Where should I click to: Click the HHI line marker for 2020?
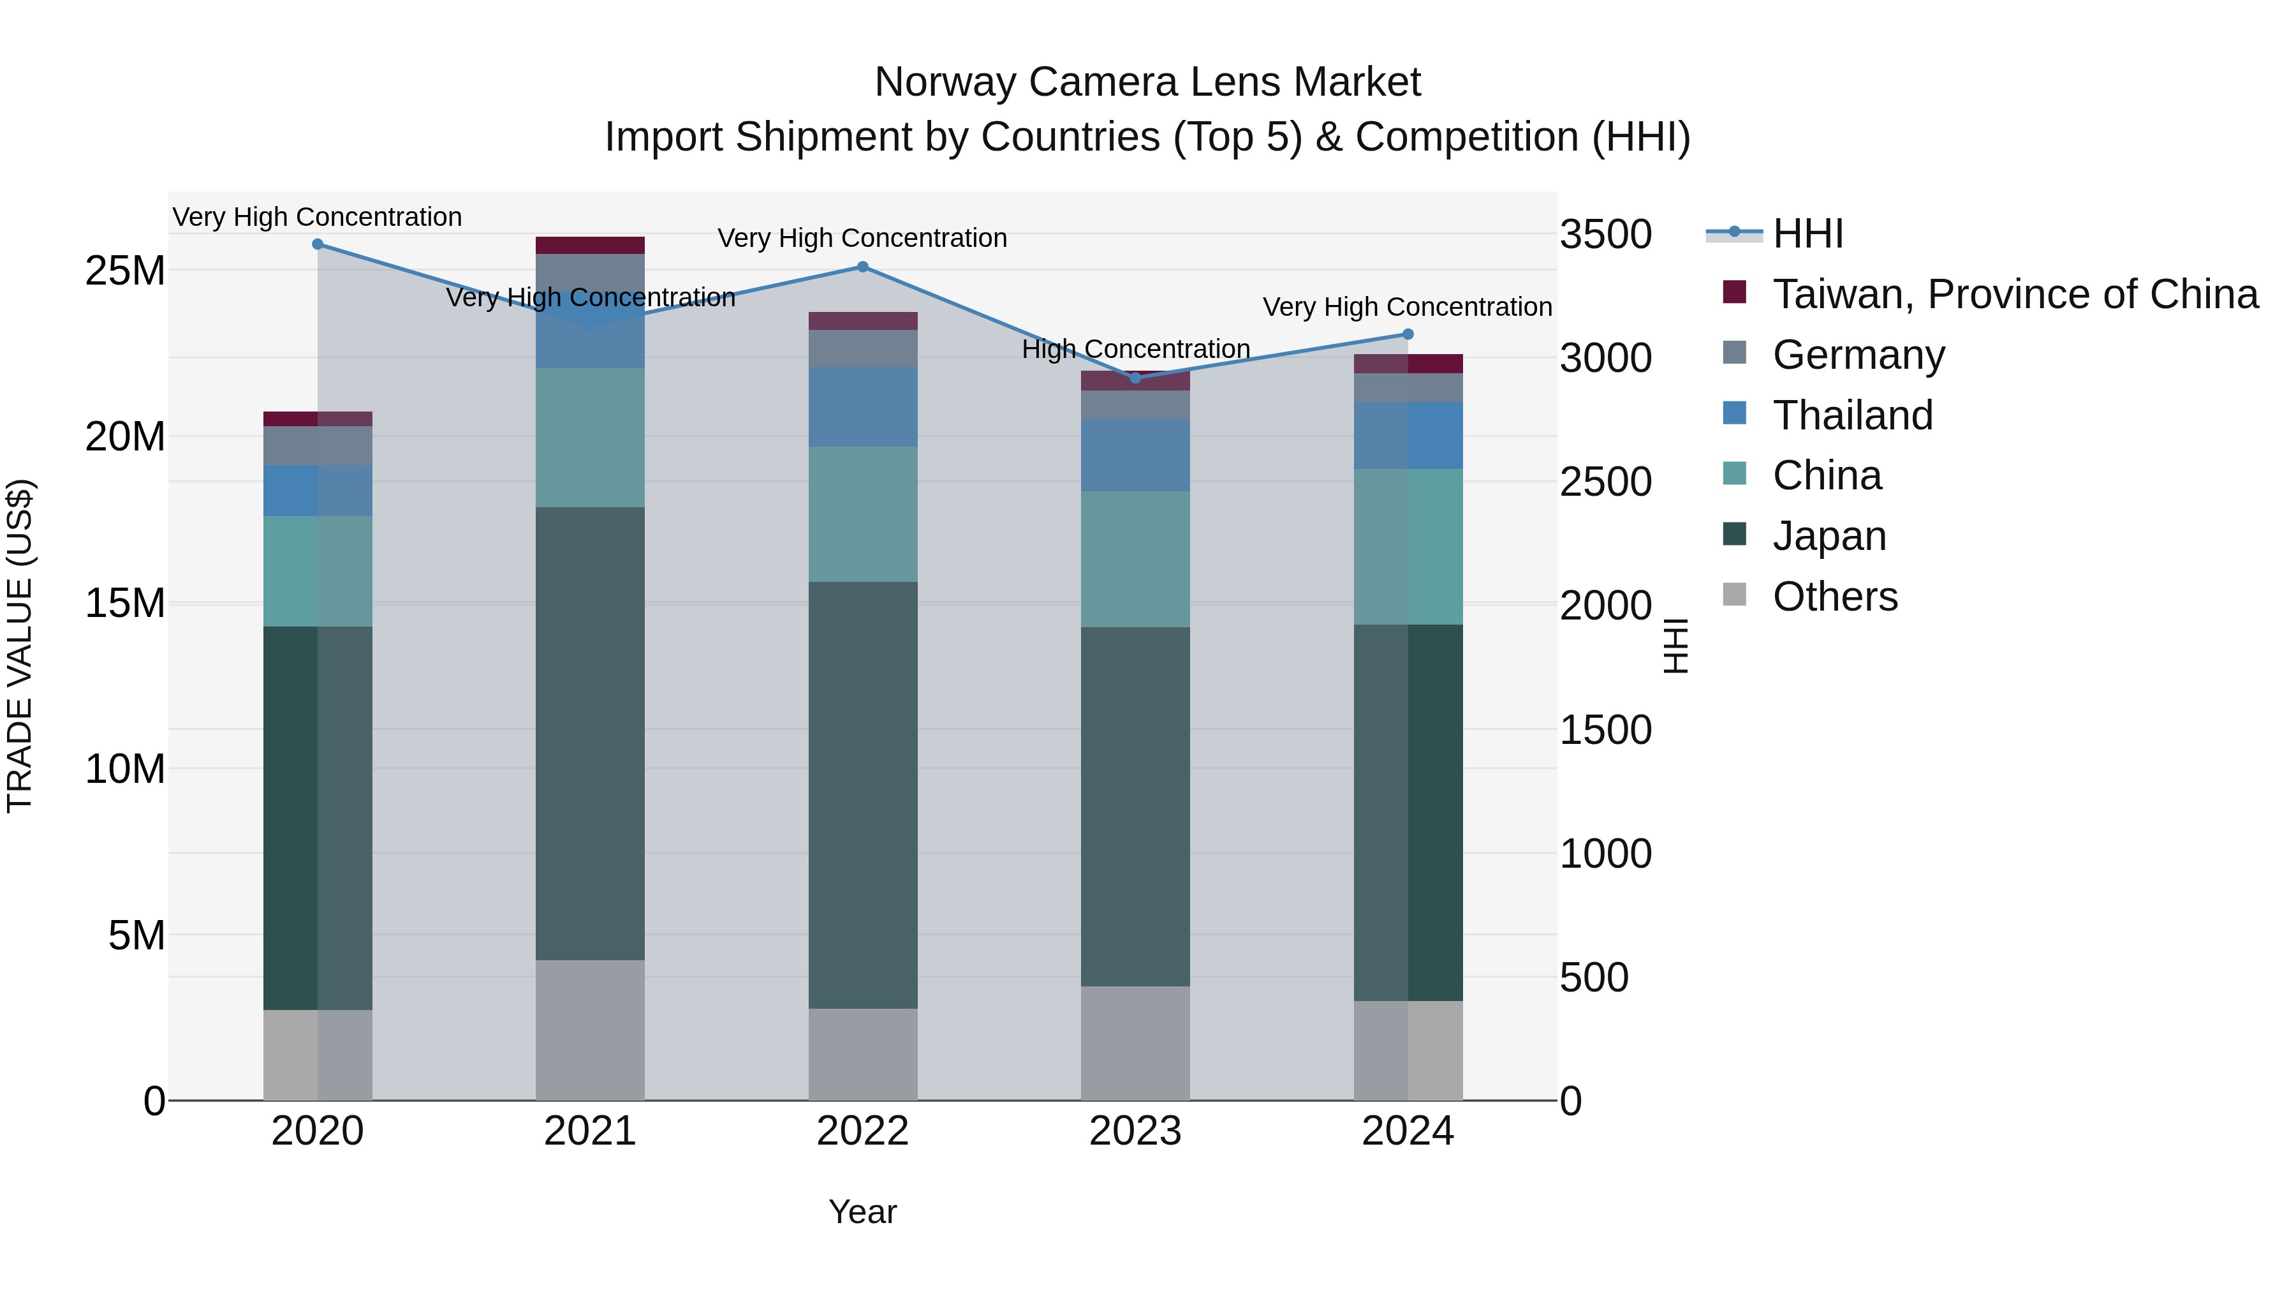pyautogui.click(x=318, y=244)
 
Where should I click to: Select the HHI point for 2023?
pyautogui.click(x=1135, y=378)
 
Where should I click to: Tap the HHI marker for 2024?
pyautogui.click(x=1408, y=334)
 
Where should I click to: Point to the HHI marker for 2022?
pyautogui.click(x=862, y=267)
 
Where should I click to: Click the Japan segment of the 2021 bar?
pyautogui.click(x=590, y=733)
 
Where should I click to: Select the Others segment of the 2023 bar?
pyautogui.click(x=1135, y=1043)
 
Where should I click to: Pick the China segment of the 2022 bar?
pyautogui.click(x=862, y=514)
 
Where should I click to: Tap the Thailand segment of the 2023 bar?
pyautogui.click(x=1135, y=455)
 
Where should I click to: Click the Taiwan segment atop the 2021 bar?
pyautogui.click(x=590, y=245)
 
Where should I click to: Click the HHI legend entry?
pyautogui.click(x=1807, y=234)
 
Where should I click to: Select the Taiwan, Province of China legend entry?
pyautogui.click(x=2014, y=294)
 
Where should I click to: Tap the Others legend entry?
pyautogui.click(x=1834, y=597)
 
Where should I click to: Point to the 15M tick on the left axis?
pyautogui.click(x=125, y=604)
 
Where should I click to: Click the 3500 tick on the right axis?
pyautogui.click(x=1605, y=235)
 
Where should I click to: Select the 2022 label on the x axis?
pyautogui.click(x=862, y=1131)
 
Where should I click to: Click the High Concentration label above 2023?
pyautogui.click(x=1135, y=348)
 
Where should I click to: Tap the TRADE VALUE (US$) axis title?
pyautogui.click(x=20, y=646)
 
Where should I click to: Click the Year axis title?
pyautogui.click(x=862, y=1212)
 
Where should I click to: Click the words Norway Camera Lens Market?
pyautogui.click(x=1147, y=82)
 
